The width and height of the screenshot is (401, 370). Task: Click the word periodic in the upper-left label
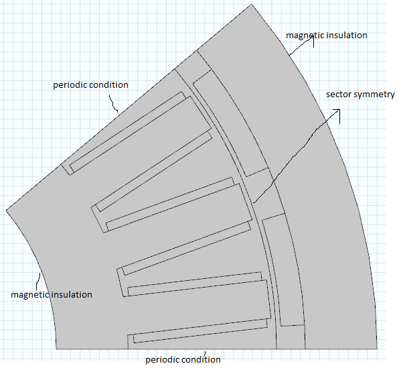[x=68, y=85]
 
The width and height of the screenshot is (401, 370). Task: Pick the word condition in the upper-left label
[x=107, y=84]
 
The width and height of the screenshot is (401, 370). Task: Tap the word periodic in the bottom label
[x=161, y=360]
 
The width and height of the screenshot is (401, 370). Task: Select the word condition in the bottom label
[x=199, y=359]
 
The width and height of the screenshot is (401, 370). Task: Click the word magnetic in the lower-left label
[x=25, y=295]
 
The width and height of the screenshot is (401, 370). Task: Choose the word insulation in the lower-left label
[x=68, y=294]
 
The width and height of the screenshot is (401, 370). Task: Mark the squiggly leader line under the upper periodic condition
[x=113, y=104]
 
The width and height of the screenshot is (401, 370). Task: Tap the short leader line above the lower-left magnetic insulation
[x=38, y=282]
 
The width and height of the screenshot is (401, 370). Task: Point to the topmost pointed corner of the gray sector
[x=252, y=4]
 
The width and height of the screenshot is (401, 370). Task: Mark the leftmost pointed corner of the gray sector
[x=6, y=210]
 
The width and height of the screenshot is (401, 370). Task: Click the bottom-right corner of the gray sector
[x=377, y=349]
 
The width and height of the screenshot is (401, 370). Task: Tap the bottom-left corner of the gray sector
[x=56, y=349]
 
